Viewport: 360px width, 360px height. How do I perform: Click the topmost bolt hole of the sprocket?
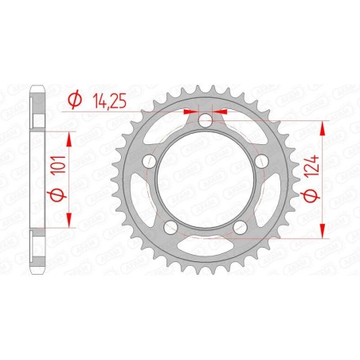pyautogui.click(x=205, y=121)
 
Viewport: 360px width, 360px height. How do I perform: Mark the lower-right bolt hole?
pyautogui.click(x=239, y=228)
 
